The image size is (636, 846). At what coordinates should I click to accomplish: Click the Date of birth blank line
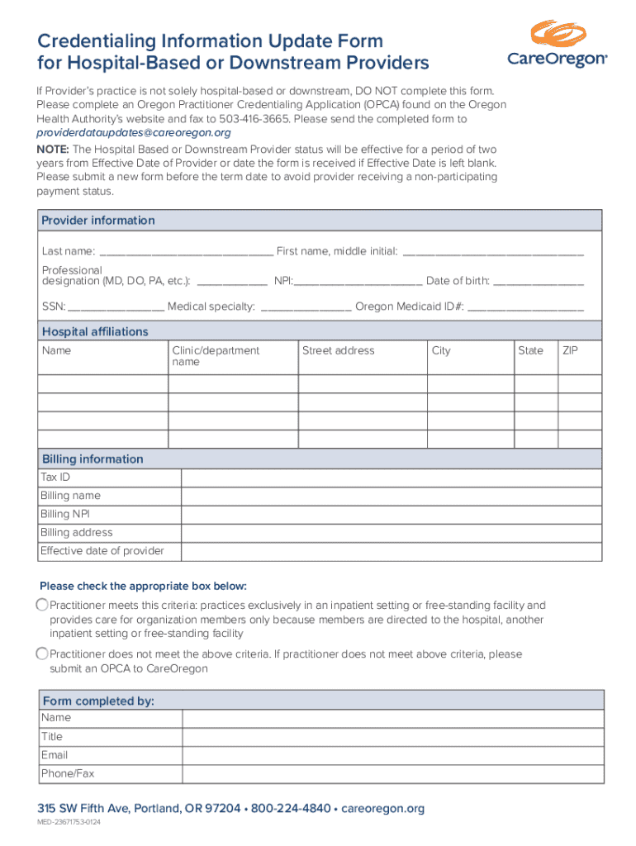coord(538,283)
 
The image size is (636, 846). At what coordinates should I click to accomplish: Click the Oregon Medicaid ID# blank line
coord(525,308)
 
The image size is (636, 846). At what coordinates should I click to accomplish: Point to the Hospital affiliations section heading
coord(95,332)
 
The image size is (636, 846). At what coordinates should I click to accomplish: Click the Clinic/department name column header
coord(216,356)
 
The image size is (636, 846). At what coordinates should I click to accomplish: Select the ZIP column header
coord(570,351)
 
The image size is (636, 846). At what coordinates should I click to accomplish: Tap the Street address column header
coord(338,351)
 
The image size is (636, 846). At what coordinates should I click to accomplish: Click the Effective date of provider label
coord(102,551)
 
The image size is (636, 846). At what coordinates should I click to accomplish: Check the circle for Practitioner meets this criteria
coord(42,606)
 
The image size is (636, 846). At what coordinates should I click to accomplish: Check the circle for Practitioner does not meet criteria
coord(42,654)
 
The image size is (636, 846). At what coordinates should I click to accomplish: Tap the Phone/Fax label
coord(68,774)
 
